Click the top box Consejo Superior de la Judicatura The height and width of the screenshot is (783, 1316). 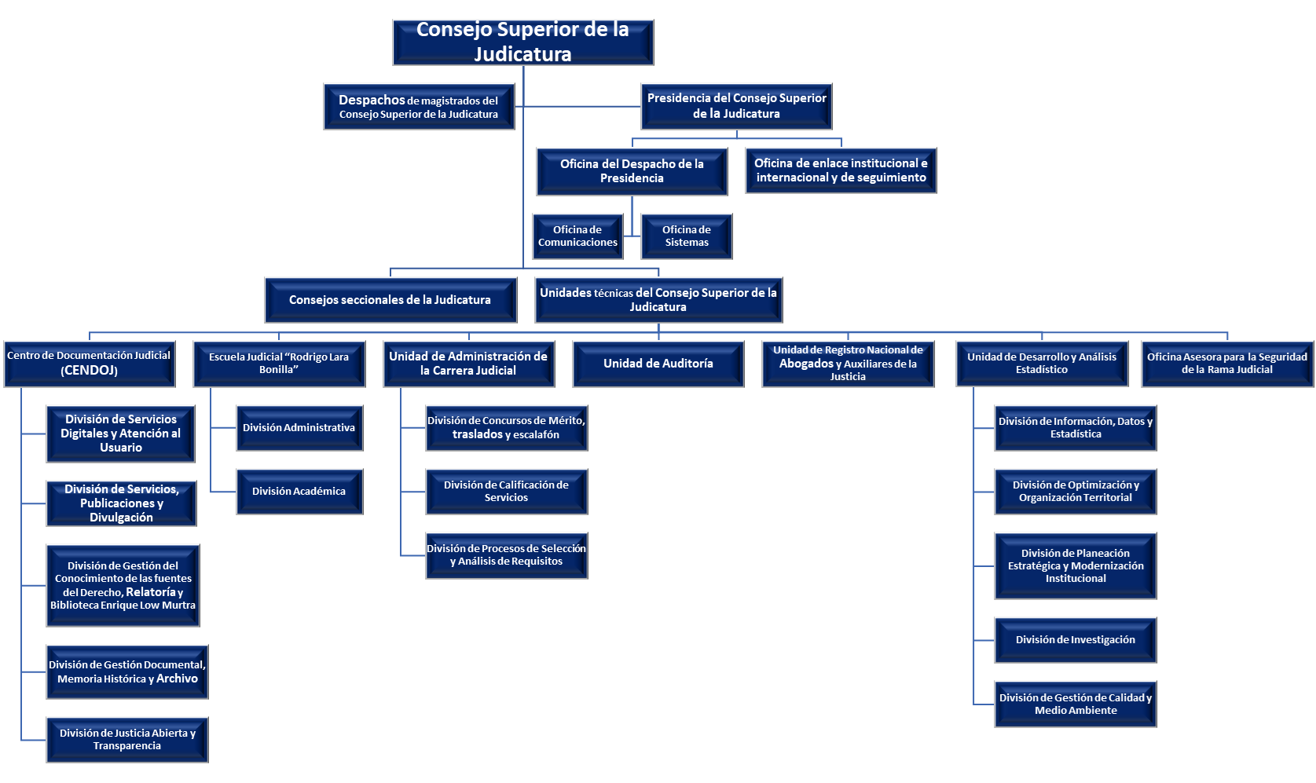(x=523, y=42)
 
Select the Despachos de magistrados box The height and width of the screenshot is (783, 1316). (x=419, y=106)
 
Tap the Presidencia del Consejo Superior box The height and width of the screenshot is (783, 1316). (x=737, y=106)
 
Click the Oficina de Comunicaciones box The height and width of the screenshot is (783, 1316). (x=578, y=236)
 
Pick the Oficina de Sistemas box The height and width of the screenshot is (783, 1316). (x=687, y=236)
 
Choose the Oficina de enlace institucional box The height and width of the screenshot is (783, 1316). (x=841, y=170)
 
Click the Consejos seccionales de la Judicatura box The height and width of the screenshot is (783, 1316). (x=390, y=300)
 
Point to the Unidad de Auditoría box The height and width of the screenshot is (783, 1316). (x=658, y=364)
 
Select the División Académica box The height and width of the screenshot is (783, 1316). (x=299, y=492)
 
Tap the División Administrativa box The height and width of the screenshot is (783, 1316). (x=299, y=427)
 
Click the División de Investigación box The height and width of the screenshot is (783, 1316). (x=1076, y=640)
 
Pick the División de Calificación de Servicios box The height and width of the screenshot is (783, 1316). (x=507, y=492)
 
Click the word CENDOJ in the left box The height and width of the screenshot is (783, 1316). (x=90, y=371)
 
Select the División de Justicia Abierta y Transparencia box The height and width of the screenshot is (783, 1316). (x=127, y=740)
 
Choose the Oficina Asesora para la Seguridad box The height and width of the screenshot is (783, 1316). (x=1227, y=364)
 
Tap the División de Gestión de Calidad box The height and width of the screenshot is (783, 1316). (x=1076, y=704)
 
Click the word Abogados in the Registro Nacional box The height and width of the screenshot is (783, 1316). (x=806, y=364)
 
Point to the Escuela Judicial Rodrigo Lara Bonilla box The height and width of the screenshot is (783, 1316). (x=280, y=364)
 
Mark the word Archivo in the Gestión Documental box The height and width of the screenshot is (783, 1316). (x=177, y=679)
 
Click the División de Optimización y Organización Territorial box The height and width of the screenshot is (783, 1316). (x=1076, y=492)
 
